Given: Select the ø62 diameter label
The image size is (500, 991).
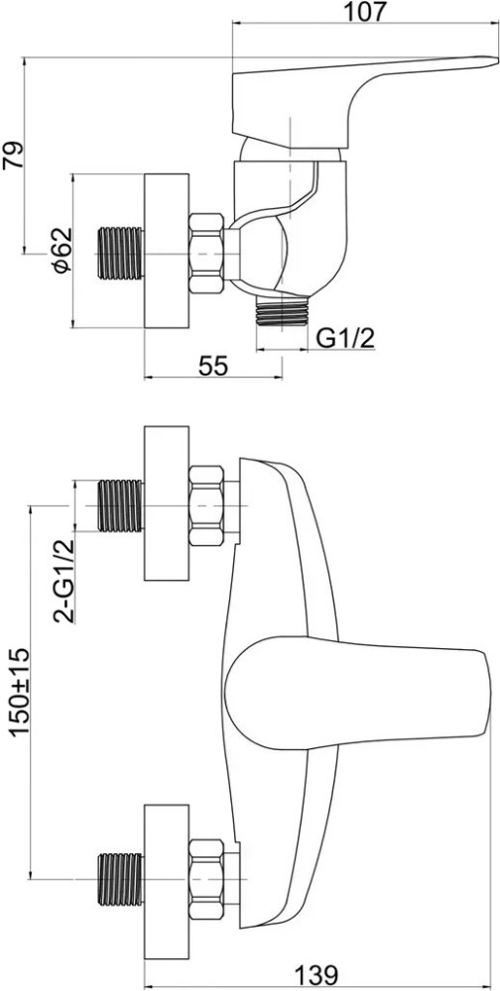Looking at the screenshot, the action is click(62, 251).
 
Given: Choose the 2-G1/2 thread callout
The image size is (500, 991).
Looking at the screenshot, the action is click(63, 580).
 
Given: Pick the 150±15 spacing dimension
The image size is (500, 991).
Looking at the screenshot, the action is click(19, 693).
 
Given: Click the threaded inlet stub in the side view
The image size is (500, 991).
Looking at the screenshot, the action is click(121, 253).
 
